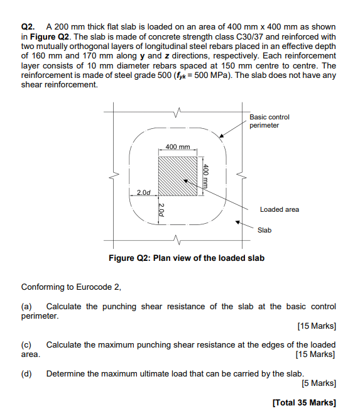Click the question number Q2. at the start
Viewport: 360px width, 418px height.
28,27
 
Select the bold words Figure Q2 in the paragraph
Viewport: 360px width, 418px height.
50,36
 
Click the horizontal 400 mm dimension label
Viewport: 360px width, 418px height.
178,146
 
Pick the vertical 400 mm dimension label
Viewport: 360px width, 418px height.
205,176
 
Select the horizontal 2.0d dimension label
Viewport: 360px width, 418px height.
144,192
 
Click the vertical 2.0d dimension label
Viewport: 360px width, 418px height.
161,210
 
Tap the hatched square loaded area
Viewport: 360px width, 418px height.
178,176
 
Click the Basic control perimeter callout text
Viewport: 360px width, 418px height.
269,121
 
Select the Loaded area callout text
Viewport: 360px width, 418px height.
280,209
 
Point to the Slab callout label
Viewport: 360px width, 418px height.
265,230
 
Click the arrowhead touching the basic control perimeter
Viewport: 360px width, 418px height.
221,136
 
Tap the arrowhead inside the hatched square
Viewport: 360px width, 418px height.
186,181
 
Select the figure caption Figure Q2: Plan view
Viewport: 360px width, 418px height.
187,258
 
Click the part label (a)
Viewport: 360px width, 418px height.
26,307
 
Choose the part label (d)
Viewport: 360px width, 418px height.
26,374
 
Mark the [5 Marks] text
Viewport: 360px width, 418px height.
319,383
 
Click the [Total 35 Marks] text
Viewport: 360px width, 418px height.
304,402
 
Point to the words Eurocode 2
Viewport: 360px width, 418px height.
98,287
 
